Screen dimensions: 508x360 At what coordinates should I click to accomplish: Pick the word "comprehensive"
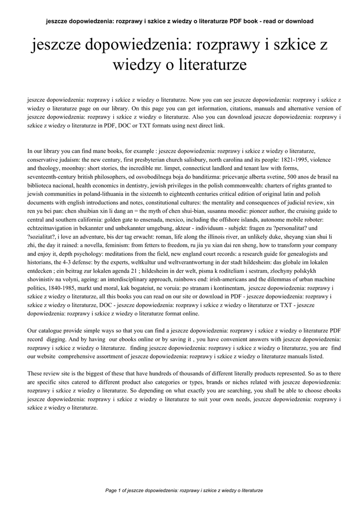79,357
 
